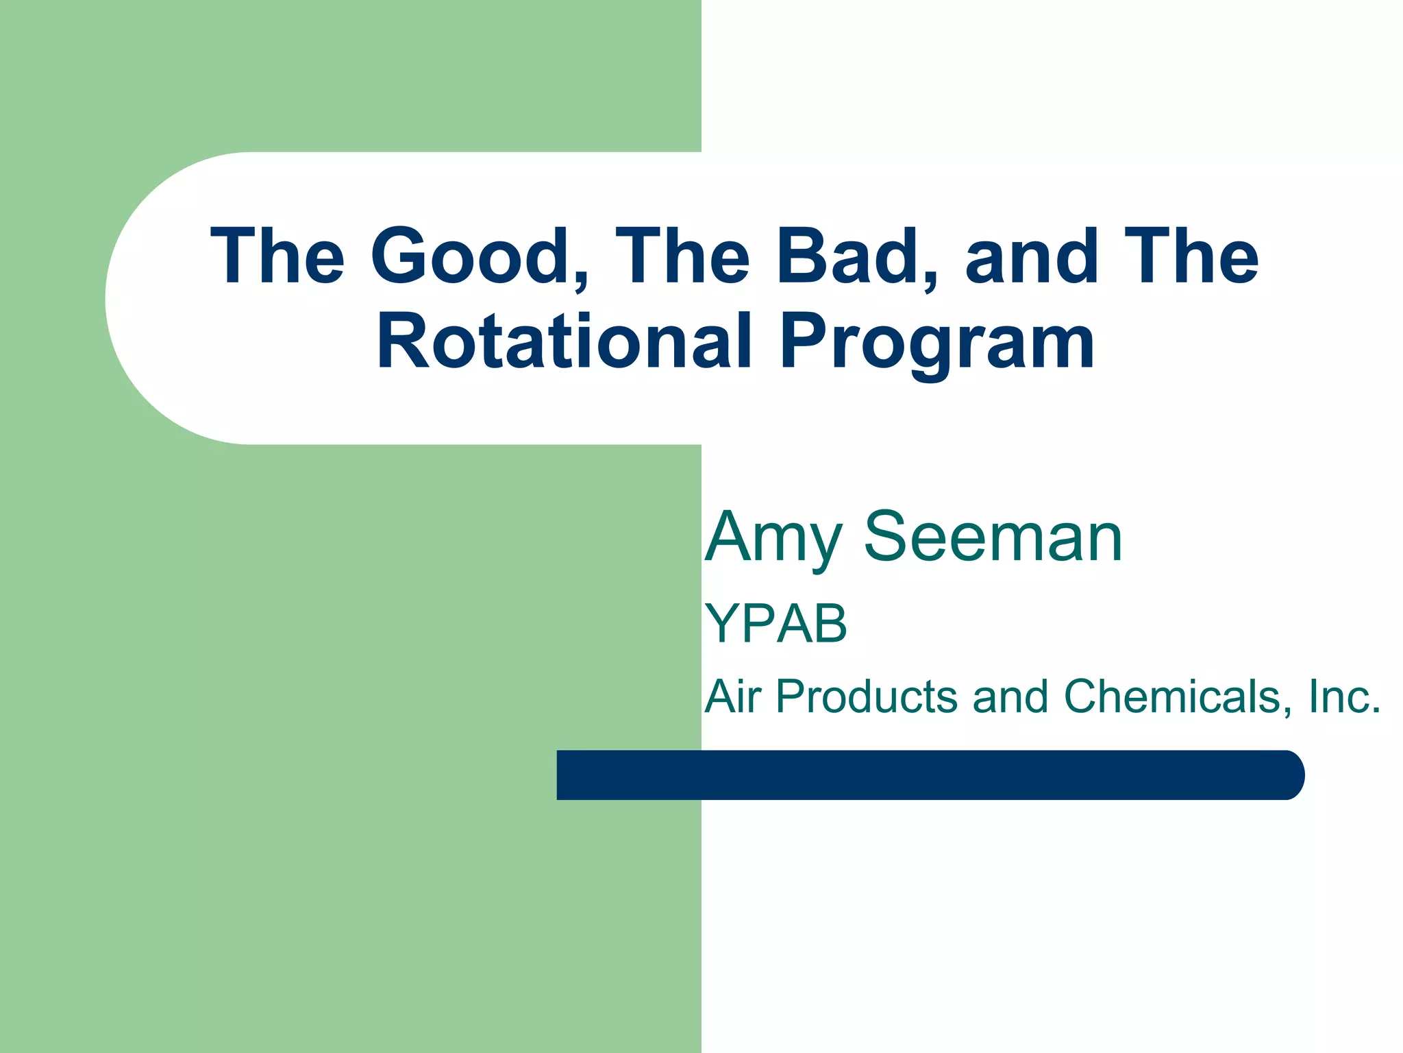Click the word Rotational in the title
pos(565,341)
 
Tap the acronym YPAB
pos(775,624)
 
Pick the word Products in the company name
pos(866,697)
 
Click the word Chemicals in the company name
pos(1172,697)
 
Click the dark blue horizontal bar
pos(925,775)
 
